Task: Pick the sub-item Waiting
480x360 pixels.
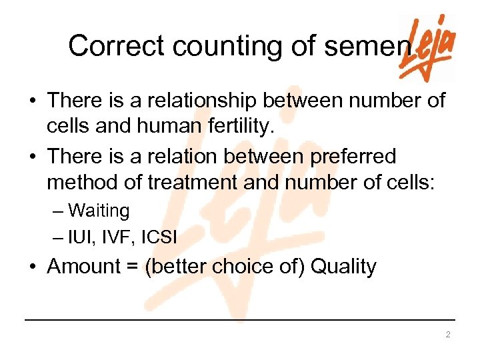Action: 99,211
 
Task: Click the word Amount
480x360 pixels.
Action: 83,267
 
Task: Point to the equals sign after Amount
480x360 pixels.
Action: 133,267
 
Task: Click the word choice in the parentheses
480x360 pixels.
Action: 243,267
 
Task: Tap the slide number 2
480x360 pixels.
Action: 448,335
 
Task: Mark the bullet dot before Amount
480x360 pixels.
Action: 33,267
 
